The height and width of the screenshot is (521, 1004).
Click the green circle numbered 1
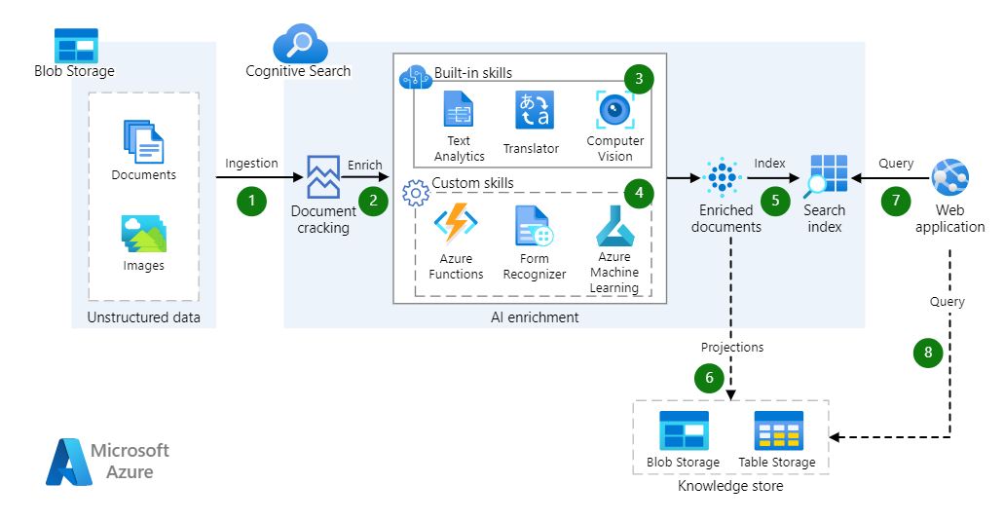251,201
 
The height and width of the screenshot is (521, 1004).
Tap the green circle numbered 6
710,376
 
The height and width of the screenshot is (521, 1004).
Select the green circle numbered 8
928,353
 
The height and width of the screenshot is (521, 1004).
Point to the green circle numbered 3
639,79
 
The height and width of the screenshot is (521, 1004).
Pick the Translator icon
534,111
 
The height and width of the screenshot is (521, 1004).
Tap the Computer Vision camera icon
615,110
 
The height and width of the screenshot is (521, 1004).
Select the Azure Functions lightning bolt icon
455,224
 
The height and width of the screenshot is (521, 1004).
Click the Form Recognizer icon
534,226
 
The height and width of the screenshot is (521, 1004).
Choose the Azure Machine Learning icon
614,226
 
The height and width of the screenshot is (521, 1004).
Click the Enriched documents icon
722,177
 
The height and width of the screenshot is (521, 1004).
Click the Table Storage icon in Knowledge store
778,430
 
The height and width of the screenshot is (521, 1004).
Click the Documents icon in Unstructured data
143,141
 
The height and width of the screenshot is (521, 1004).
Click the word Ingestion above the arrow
251,164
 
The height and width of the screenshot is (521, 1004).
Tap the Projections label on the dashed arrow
732,347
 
